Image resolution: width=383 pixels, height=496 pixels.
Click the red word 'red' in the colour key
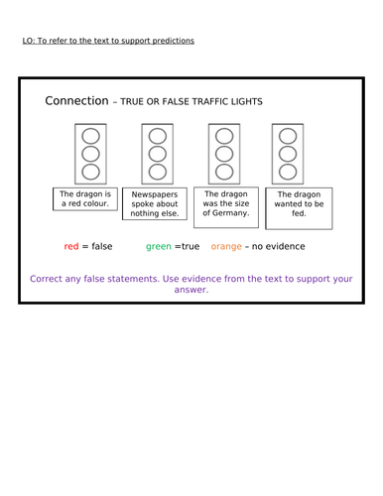pyautogui.click(x=71, y=246)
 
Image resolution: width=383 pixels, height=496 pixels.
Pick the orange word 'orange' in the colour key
pyautogui.click(x=227, y=246)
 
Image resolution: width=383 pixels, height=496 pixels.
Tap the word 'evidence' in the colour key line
pyautogui.click(x=286, y=246)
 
